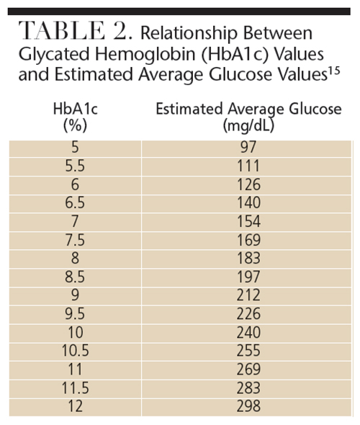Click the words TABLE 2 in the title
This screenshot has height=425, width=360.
click(x=76, y=31)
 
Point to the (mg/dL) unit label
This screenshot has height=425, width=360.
click(x=248, y=125)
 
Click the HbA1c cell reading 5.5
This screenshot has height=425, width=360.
click(x=75, y=166)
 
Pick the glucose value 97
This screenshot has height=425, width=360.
click(x=248, y=147)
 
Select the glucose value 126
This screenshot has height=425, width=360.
click(x=248, y=184)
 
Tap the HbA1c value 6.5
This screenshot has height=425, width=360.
click(x=75, y=202)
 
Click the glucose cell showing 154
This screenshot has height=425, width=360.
click(x=248, y=221)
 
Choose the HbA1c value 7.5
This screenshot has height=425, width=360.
click(x=75, y=240)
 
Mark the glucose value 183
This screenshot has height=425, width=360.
click(x=248, y=258)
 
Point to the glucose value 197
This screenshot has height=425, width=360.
click(x=248, y=277)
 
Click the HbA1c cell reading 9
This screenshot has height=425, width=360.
click(x=75, y=295)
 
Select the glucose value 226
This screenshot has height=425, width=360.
click(x=248, y=313)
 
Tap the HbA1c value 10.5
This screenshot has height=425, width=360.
click(x=76, y=351)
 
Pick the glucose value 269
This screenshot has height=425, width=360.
click(x=248, y=369)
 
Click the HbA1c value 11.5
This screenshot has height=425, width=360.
click(x=76, y=388)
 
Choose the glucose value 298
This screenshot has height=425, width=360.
click(x=248, y=406)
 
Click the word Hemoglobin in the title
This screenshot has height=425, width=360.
click(x=145, y=54)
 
